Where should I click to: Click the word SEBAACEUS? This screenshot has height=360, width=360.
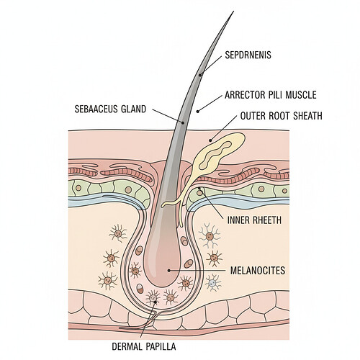coord(99,109)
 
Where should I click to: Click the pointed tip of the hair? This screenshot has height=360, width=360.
coord(232,12)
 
